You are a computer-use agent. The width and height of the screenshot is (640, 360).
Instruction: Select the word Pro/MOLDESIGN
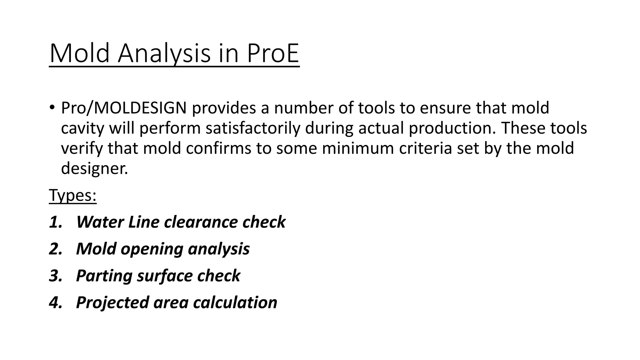124,108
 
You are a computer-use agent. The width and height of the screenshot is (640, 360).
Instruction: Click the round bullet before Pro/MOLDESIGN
52,107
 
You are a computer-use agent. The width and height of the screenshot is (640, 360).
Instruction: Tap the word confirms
218,148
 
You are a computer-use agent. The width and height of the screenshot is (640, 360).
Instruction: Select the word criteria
425,148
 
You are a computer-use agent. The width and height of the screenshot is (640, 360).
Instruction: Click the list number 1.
56,222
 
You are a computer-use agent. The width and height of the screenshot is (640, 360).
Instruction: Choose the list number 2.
56,249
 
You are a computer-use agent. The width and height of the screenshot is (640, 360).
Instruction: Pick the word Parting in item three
104,276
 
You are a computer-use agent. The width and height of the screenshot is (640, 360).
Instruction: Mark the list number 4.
56,303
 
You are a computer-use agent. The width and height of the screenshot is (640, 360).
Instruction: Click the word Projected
112,303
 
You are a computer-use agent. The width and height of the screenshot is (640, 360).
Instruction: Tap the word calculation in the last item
235,303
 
